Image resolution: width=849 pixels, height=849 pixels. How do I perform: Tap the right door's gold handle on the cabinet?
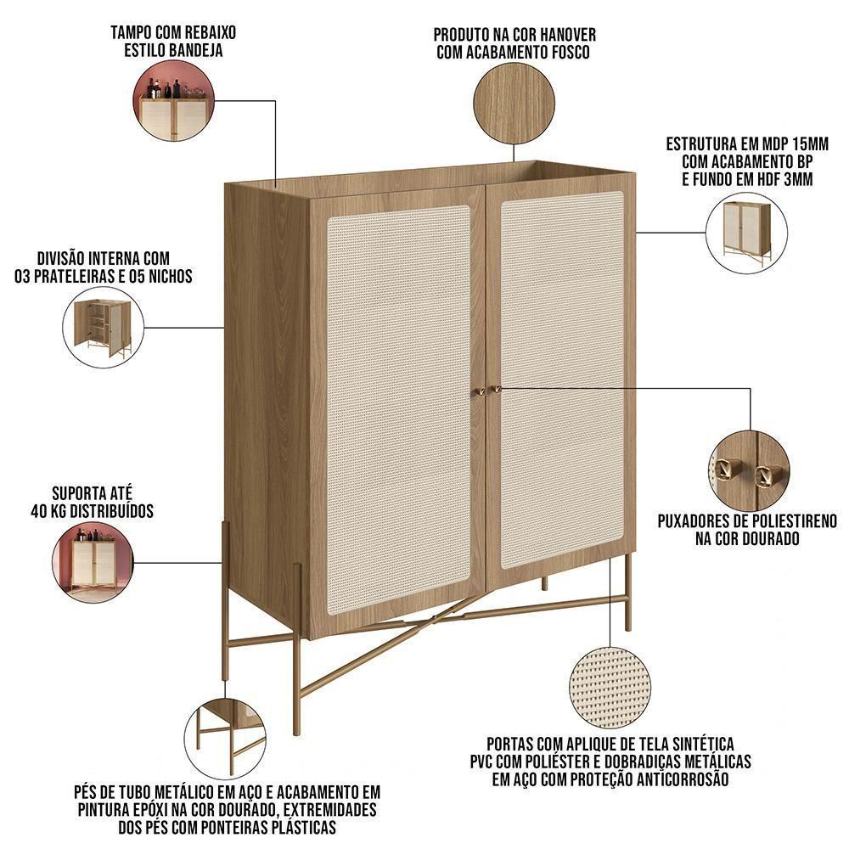pyautogui.click(x=496, y=389)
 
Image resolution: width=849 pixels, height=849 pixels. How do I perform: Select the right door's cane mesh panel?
pyautogui.click(x=562, y=378)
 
